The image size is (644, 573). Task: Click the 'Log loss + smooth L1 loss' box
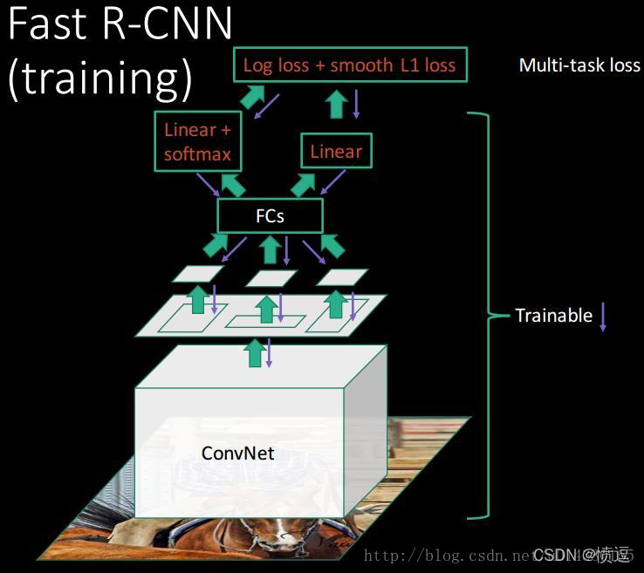[349, 65]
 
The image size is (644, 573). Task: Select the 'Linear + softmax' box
[198, 141]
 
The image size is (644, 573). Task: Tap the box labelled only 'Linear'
[336, 151]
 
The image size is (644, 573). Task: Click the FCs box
[270, 215]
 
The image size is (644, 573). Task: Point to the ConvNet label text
[237, 453]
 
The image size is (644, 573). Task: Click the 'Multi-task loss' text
[579, 65]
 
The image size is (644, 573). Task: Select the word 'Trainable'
[553, 316]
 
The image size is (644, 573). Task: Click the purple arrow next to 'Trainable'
[602, 316]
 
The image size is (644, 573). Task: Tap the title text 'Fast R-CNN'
[120, 24]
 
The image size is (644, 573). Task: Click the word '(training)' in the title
[99, 78]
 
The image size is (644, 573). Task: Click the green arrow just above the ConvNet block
[254, 352]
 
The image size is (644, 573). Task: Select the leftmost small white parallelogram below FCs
[197, 274]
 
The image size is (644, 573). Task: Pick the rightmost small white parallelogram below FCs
[342, 276]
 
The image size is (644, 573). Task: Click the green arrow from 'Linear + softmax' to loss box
[252, 96]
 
